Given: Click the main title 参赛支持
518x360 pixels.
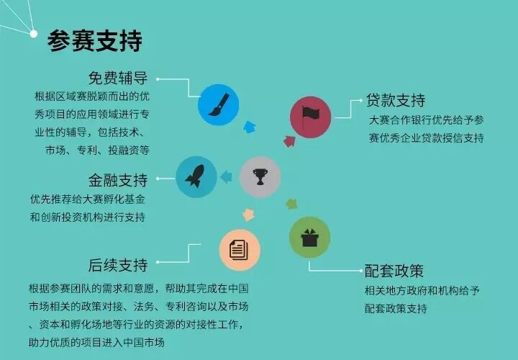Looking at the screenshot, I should [94, 40].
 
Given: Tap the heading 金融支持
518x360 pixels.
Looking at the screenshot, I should [118, 179].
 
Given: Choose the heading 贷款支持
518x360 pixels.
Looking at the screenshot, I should [395, 99].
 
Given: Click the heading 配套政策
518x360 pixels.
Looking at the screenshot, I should [394, 271].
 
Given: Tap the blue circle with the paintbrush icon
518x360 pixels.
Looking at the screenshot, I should [218, 105].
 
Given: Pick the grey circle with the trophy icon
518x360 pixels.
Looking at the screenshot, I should [259, 176].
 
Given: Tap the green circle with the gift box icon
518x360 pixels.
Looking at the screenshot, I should [309, 238].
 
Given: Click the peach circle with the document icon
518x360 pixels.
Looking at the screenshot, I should [240, 250].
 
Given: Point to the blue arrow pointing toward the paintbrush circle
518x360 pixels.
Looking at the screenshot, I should [249, 127].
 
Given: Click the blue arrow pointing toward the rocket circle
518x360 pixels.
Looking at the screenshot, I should [226, 176].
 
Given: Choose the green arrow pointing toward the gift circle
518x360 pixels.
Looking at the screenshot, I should [291, 204].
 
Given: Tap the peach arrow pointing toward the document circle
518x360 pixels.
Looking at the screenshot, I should [249, 214].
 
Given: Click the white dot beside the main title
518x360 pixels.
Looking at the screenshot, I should [33, 32].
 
